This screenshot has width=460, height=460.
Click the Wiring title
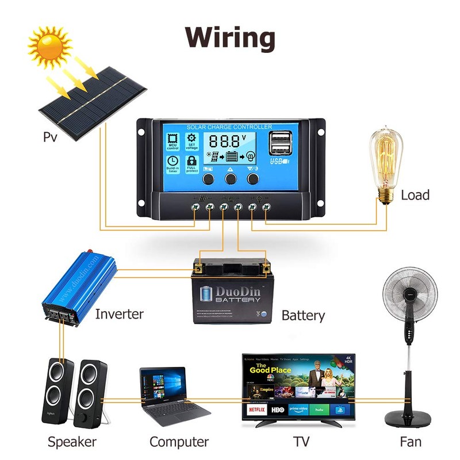230,37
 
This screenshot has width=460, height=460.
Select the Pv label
51,137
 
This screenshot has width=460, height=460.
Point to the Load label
415,195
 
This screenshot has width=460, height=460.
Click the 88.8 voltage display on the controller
227,140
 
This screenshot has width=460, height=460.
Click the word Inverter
119,314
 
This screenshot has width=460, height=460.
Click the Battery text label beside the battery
303,316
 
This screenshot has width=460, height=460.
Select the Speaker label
72,442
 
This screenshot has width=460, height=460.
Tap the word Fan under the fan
411,442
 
